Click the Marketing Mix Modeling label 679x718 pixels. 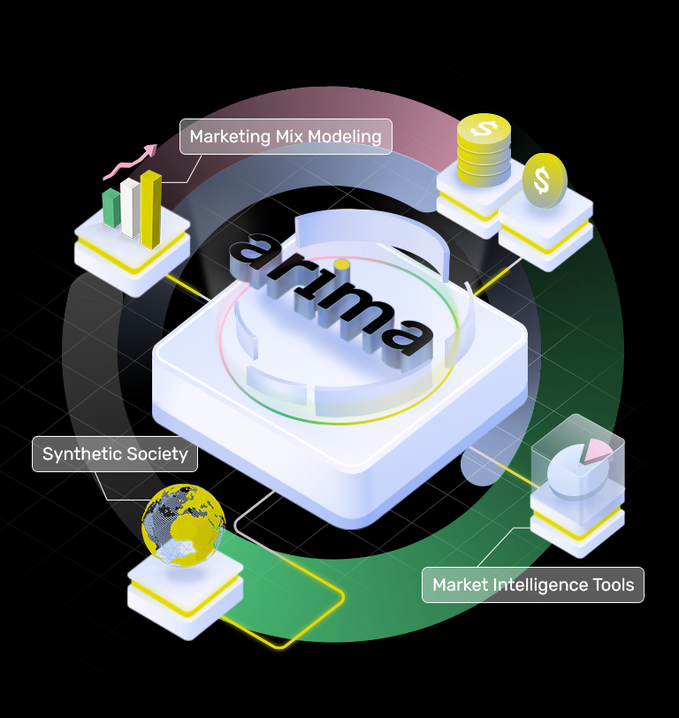tap(286, 137)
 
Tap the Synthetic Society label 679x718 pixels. tap(115, 454)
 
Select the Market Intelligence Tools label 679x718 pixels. tap(533, 584)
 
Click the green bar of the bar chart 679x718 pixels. tap(111, 207)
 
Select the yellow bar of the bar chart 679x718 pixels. tap(151, 209)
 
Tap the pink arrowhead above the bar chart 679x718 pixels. tap(149, 149)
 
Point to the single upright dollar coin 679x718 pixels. tap(542, 180)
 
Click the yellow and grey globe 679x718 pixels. tap(184, 526)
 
